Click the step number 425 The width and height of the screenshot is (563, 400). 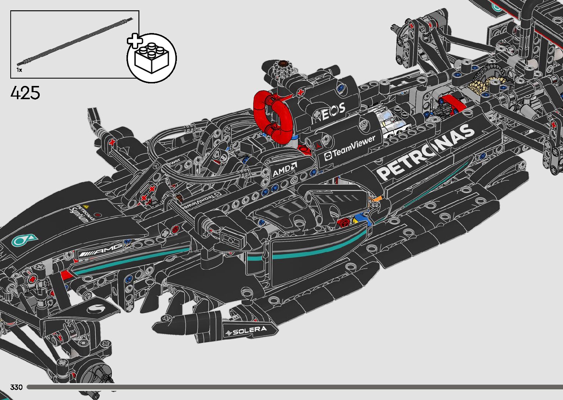25,93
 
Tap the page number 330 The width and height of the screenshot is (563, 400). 17,387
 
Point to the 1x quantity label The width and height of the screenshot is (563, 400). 19,70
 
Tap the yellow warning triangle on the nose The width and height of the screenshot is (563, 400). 86,207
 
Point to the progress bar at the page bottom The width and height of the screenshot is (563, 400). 294,387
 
